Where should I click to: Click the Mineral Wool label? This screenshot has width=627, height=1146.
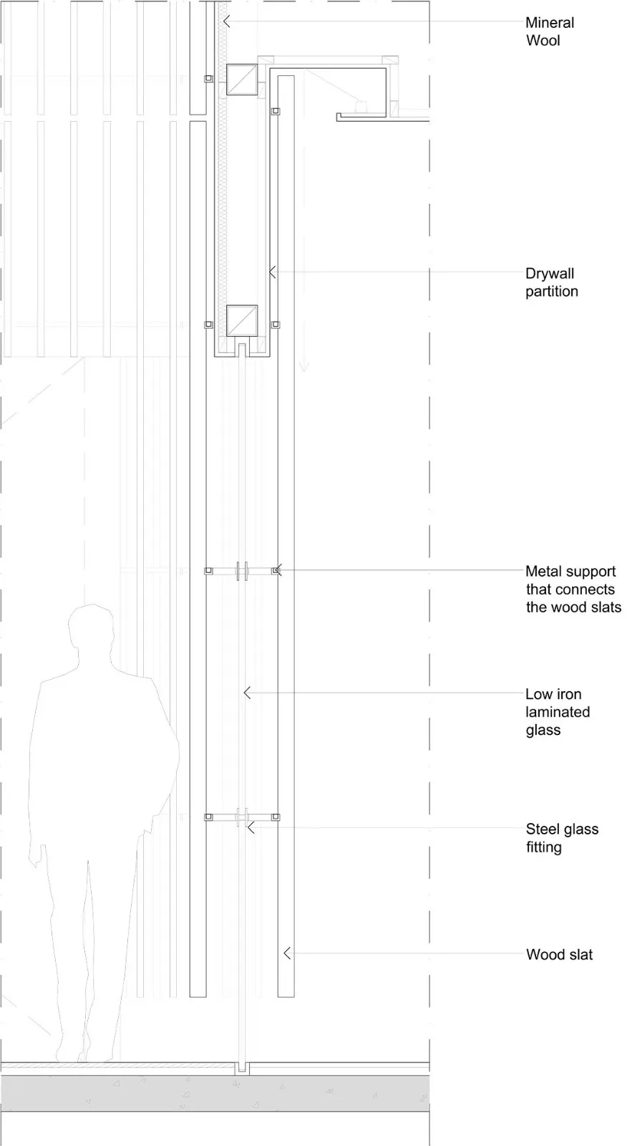coord(550,32)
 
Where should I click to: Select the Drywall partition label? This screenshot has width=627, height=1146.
coord(552,282)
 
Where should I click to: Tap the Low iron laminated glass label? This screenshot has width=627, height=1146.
coord(558,712)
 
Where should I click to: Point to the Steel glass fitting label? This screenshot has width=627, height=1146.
coord(562,837)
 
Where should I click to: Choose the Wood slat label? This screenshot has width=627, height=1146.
coord(560,954)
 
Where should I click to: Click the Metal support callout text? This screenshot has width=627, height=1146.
coord(573,589)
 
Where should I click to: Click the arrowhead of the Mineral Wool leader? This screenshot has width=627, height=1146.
coord(226,21)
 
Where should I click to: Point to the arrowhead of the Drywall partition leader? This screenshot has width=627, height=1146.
coord(272,272)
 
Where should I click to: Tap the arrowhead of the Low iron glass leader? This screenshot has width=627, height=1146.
coord(246,693)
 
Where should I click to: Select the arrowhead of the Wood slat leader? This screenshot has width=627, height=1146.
coord(287,953)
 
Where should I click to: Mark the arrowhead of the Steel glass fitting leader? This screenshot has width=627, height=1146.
coord(251,827)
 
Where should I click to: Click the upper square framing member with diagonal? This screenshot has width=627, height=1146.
coord(242,80)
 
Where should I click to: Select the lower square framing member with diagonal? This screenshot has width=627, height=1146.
coord(242,321)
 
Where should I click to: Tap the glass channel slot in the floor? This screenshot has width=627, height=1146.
coord(242,1068)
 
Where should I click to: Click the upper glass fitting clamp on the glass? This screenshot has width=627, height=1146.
coord(242,570)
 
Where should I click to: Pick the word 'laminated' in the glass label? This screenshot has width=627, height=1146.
coord(558,712)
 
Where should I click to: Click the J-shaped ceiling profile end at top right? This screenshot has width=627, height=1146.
coord(339,117)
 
